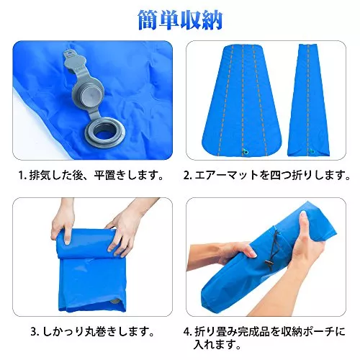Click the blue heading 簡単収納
[x=181, y=20]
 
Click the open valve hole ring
[x=105, y=132]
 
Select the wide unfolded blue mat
[x=243, y=100]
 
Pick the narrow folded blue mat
[x=309, y=99]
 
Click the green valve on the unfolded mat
[x=245, y=150]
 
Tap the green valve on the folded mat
[x=312, y=151]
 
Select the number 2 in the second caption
[x=187, y=176]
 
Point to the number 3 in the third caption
[x=34, y=332]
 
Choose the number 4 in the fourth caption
[x=187, y=332]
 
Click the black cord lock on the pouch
[x=269, y=264]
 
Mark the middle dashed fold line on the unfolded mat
[x=243, y=99]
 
